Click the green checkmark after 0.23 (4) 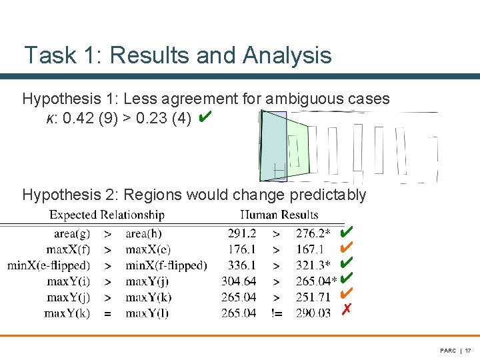[x=205, y=118]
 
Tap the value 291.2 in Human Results [x=242, y=233]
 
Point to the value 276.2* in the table [x=314, y=233]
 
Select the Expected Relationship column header [x=107, y=215]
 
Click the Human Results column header [x=279, y=215]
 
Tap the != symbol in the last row [x=276, y=313]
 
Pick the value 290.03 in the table [x=313, y=313]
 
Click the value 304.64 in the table [x=239, y=281]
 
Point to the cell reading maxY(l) [x=147, y=313]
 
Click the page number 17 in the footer [x=468, y=350]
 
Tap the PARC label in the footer [x=447, y=350]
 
